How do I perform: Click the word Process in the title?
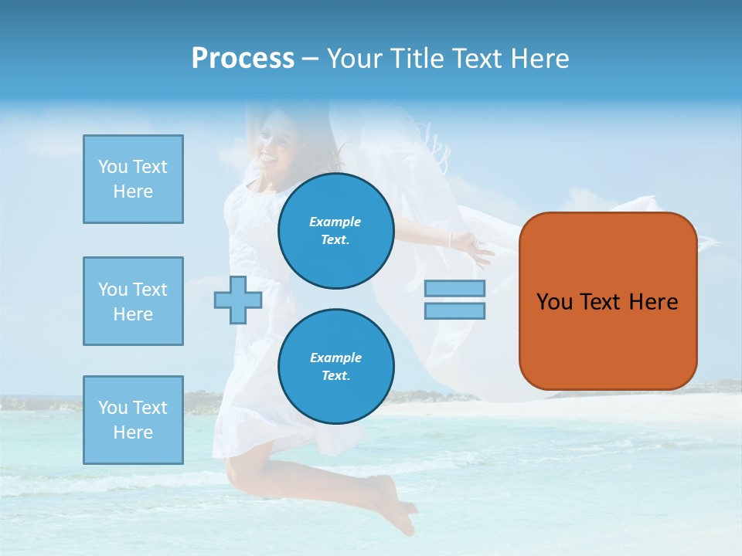243,59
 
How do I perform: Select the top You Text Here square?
133,179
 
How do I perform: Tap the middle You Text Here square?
133,301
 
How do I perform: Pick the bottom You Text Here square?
133,420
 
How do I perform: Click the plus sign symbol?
237,300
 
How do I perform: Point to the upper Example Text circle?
336,231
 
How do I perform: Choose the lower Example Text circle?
336,367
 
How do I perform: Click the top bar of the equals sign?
454,288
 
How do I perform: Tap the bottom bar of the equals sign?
454,310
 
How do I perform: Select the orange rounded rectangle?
608,340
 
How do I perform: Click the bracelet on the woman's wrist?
451,239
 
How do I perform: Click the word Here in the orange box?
653,302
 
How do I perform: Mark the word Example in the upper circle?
335,222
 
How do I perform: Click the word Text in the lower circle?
336,376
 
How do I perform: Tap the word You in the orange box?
554,302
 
